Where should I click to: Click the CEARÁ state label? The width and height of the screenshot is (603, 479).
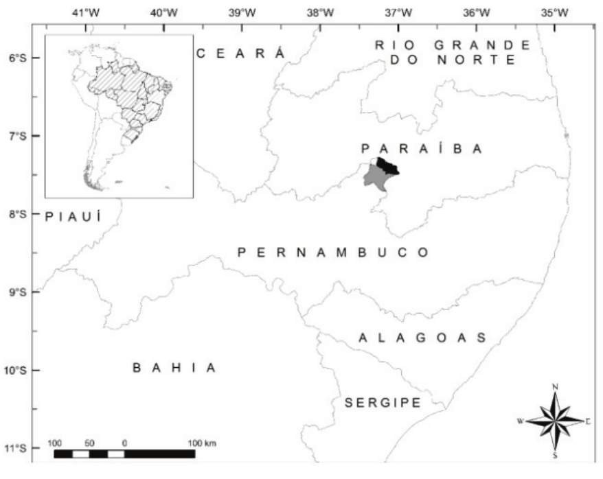click(x=240, y=54)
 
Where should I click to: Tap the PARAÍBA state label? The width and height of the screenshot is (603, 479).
click(x=422, y=148)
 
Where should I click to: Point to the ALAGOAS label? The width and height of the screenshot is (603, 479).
click(x=422, y=338)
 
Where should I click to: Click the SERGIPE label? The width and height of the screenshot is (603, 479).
click(x=382, y=403)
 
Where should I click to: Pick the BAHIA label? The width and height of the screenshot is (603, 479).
click(x=174, y=368)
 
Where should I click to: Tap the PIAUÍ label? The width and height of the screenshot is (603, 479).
click(x=73, y=217)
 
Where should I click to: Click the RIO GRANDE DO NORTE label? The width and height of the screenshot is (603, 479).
click(x=453, y=52)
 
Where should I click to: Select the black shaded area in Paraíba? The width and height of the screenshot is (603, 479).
click(x=388, y=165)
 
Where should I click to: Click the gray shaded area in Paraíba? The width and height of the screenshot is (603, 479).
click(x=377, y=178)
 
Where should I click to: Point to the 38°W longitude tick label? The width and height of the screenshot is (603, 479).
click(x=320, y=12)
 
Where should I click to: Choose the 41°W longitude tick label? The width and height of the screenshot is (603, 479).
click(x=86, y=12)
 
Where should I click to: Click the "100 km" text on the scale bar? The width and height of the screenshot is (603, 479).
click(x=203, y=443)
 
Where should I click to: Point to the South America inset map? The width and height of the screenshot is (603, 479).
click(x=119, y=117)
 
